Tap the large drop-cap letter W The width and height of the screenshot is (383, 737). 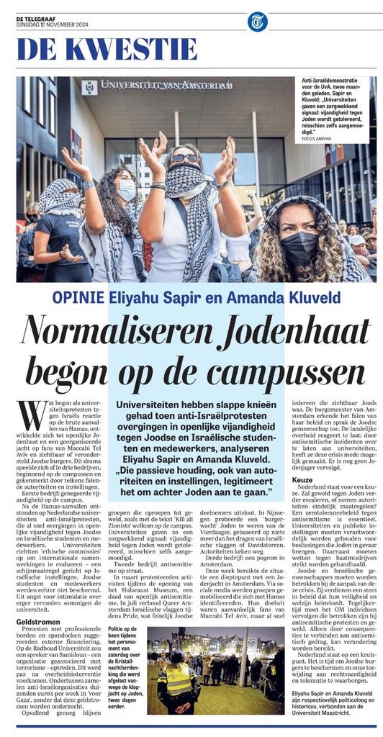click(x=31, y=416)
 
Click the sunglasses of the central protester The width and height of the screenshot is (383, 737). click(x=183, y=158)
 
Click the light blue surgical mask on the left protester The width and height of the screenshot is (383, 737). click(x=126, y=189)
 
